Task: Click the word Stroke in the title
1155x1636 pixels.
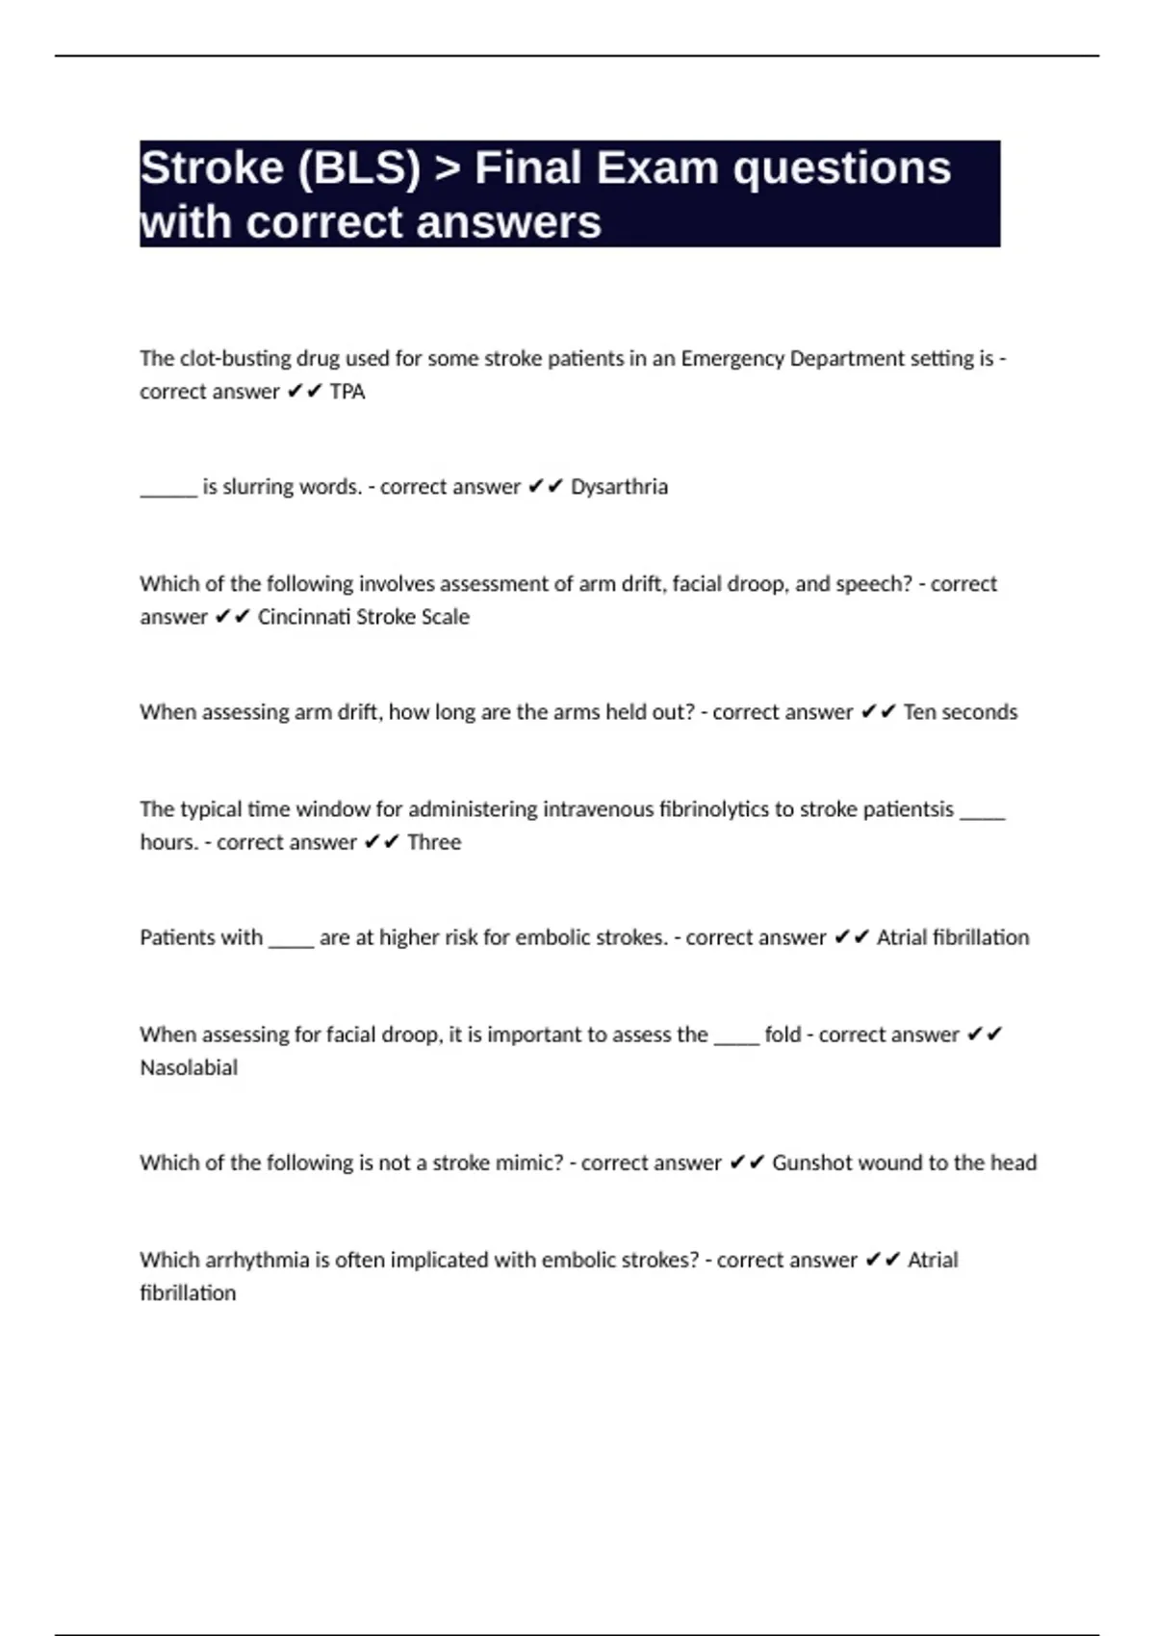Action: click(x=212, y=168)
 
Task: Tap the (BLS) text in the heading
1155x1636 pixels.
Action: click(x=360, y=168)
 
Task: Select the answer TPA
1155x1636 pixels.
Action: click(x=347, y=392)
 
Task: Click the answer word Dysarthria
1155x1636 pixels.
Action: click(x=619, y=487)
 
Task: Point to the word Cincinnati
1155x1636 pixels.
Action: click(x=303, y=617)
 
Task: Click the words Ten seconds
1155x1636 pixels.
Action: click(x=960, y=712)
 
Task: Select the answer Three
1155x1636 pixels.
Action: click(x=434, y=842)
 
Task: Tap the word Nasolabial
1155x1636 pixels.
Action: click(x=189, y=1067)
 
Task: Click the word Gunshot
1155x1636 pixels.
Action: click(x=810, y=1163)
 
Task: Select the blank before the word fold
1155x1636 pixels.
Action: click(x=736, y=1040)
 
